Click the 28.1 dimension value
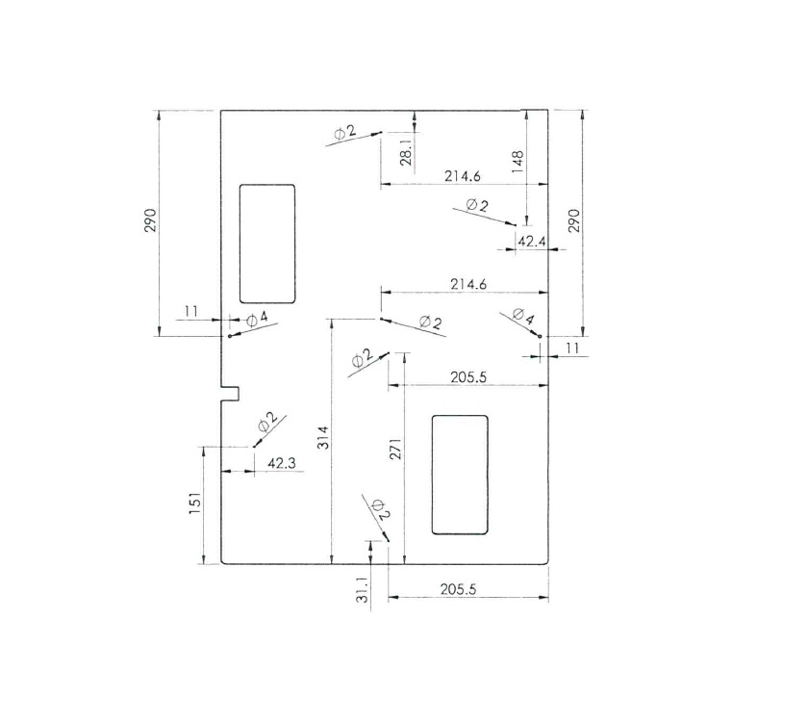coord(407,151)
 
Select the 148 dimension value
coord(518,162)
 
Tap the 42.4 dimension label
coord(531,241)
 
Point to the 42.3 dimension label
coord(281,463)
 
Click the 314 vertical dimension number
coord(322,437)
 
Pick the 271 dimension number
coord(395,450)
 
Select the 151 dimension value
coord(194,503)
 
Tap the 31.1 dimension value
coord(364,589)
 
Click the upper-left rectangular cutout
coord(267,244)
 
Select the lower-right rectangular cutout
coord(460,475)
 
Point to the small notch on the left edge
coord(230,393)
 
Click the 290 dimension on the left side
coord(150,220)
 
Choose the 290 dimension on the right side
coord(573,220)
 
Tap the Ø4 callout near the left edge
coord(257,320)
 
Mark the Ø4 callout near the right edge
coord(523,316)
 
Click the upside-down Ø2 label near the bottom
coord(381,508)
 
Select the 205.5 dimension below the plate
coord(459,589)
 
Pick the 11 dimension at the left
coord(191,311)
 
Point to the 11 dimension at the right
coord(572,348)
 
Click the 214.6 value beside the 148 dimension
coord(463,176)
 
